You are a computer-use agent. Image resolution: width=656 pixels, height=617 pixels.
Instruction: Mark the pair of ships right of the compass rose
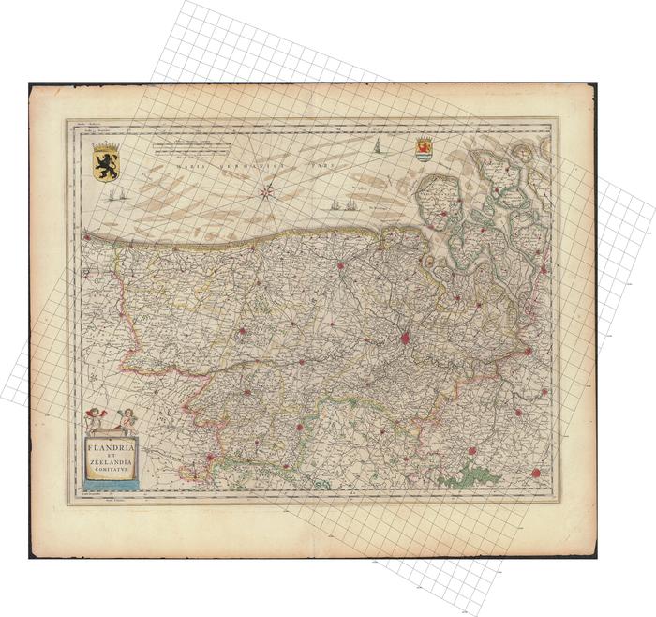point(343,203)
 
